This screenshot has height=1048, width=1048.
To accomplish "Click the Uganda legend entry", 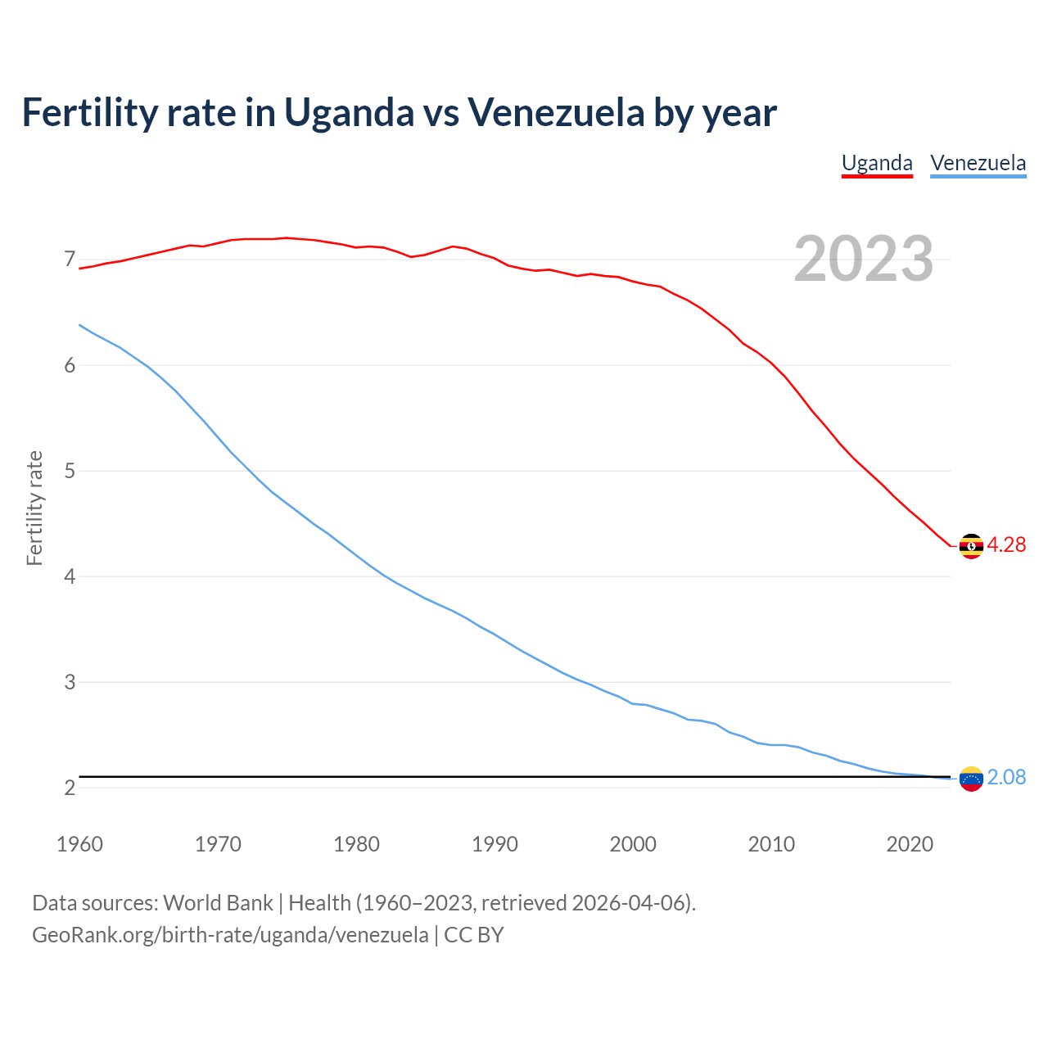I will click(x=877, y=163).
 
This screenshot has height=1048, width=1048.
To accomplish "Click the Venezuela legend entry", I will click(x=978, y=163).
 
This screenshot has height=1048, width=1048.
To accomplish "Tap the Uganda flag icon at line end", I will click(x=971, y=545).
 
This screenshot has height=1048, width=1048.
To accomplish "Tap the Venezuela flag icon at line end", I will click(x=971, y=778).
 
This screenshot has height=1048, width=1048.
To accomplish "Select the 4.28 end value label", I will click(x=1006, y=545).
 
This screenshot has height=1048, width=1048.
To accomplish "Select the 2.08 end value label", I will click(x=1006, y=778).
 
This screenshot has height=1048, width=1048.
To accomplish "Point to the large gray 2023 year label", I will click(x=864, y=260).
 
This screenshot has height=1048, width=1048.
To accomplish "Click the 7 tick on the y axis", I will click(x=70, y=260).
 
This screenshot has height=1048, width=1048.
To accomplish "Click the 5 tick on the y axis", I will click(x=70, y=472).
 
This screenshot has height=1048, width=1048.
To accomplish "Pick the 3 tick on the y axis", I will click(x=70, y=682).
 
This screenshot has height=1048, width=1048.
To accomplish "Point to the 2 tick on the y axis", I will click(x=70, y=788).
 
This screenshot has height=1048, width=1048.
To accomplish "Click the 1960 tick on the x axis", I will click(x=79, y=844).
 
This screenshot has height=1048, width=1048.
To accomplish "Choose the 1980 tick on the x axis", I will click(x=356, y=844).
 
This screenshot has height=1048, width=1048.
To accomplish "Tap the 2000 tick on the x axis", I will click(x=633, y=844).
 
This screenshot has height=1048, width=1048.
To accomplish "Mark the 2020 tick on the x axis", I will click(x=910, y=844).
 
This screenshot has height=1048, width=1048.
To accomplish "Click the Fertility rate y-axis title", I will click(x=34, y=508).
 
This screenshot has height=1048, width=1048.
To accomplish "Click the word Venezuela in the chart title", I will click(x=556, y=113).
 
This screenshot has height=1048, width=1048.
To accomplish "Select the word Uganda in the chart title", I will click(x=350, y=113).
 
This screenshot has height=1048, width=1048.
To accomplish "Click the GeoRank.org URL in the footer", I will click(x=230, y=935).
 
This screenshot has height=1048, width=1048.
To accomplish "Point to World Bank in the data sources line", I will click(x=218, y=903).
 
